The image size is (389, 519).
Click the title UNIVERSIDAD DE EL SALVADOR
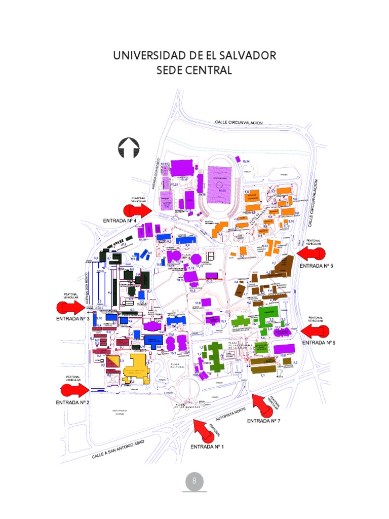click(x=194, y=55)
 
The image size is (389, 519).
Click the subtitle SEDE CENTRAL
click(x=194, y=70)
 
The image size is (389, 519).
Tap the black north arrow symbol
click(x=128, y=147)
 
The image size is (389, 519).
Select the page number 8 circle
click(x=194, y=481)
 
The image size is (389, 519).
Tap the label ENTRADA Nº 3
click(x=72, y=319)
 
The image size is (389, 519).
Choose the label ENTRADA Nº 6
click(x=319, y=343)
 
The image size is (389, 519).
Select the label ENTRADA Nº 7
click(x=263, y=421)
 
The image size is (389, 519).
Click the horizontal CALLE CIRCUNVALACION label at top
click(x=239, y=122)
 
